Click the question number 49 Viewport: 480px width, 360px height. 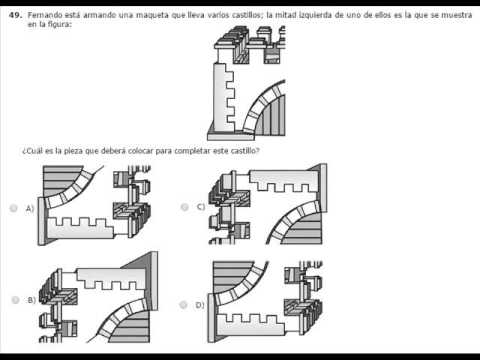[x=15, y=15]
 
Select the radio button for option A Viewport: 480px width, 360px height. [x=14, y=208]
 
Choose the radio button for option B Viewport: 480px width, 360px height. [x=15, y=300]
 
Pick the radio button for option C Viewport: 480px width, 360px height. [x=184, y=207]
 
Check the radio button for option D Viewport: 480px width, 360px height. [x=183, y=305]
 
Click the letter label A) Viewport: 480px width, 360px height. [x=30, y=209]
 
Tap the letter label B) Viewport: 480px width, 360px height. [x=32, y=300]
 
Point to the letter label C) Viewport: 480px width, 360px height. [x=201, y=207]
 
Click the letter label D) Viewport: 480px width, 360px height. [x=200, y=305]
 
